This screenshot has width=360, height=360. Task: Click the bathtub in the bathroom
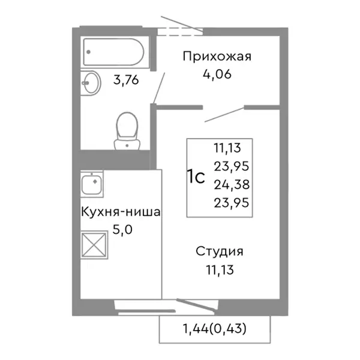114,53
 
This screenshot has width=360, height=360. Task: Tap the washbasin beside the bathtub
92,82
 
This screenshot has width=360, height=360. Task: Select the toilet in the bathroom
125,130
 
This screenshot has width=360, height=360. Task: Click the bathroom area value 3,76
127,80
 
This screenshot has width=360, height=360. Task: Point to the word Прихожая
216,58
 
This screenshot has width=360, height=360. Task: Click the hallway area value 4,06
217,75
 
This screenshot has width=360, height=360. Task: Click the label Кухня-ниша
121,212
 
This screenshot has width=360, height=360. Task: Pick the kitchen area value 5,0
121,229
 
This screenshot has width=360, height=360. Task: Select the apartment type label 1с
196,178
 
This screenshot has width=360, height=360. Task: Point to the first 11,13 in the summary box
230,145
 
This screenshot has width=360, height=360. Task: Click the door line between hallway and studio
224,114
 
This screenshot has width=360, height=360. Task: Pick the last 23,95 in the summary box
230,203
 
